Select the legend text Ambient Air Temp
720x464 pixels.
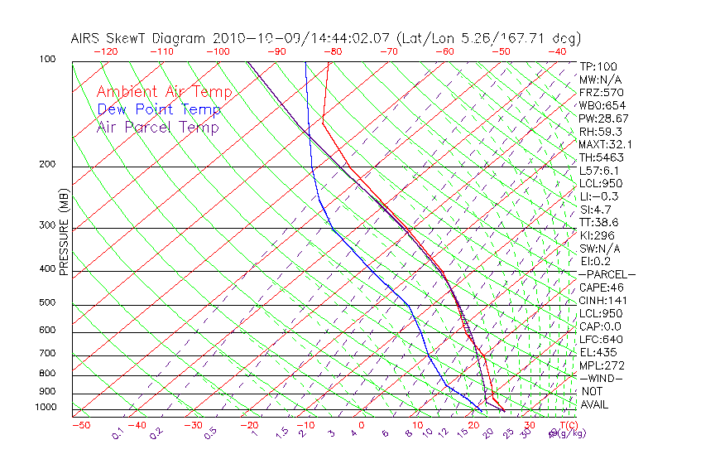164,92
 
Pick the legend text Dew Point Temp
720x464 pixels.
158,109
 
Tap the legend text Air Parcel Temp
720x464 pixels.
157,127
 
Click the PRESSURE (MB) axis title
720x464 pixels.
64,240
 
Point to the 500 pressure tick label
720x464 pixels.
47,303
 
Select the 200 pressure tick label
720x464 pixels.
47,165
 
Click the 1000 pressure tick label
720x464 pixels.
46,408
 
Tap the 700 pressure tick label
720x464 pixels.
47,354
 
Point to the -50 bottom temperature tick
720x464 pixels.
80,425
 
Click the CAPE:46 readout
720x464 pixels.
600,288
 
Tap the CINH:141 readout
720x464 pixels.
602,300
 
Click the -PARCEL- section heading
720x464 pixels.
607,274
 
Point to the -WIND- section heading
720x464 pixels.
601,378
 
